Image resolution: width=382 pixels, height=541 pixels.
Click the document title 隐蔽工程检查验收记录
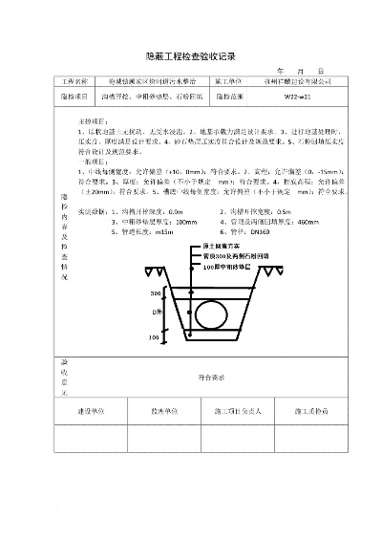[190, 56]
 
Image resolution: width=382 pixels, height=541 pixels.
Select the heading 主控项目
[89, 123]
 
